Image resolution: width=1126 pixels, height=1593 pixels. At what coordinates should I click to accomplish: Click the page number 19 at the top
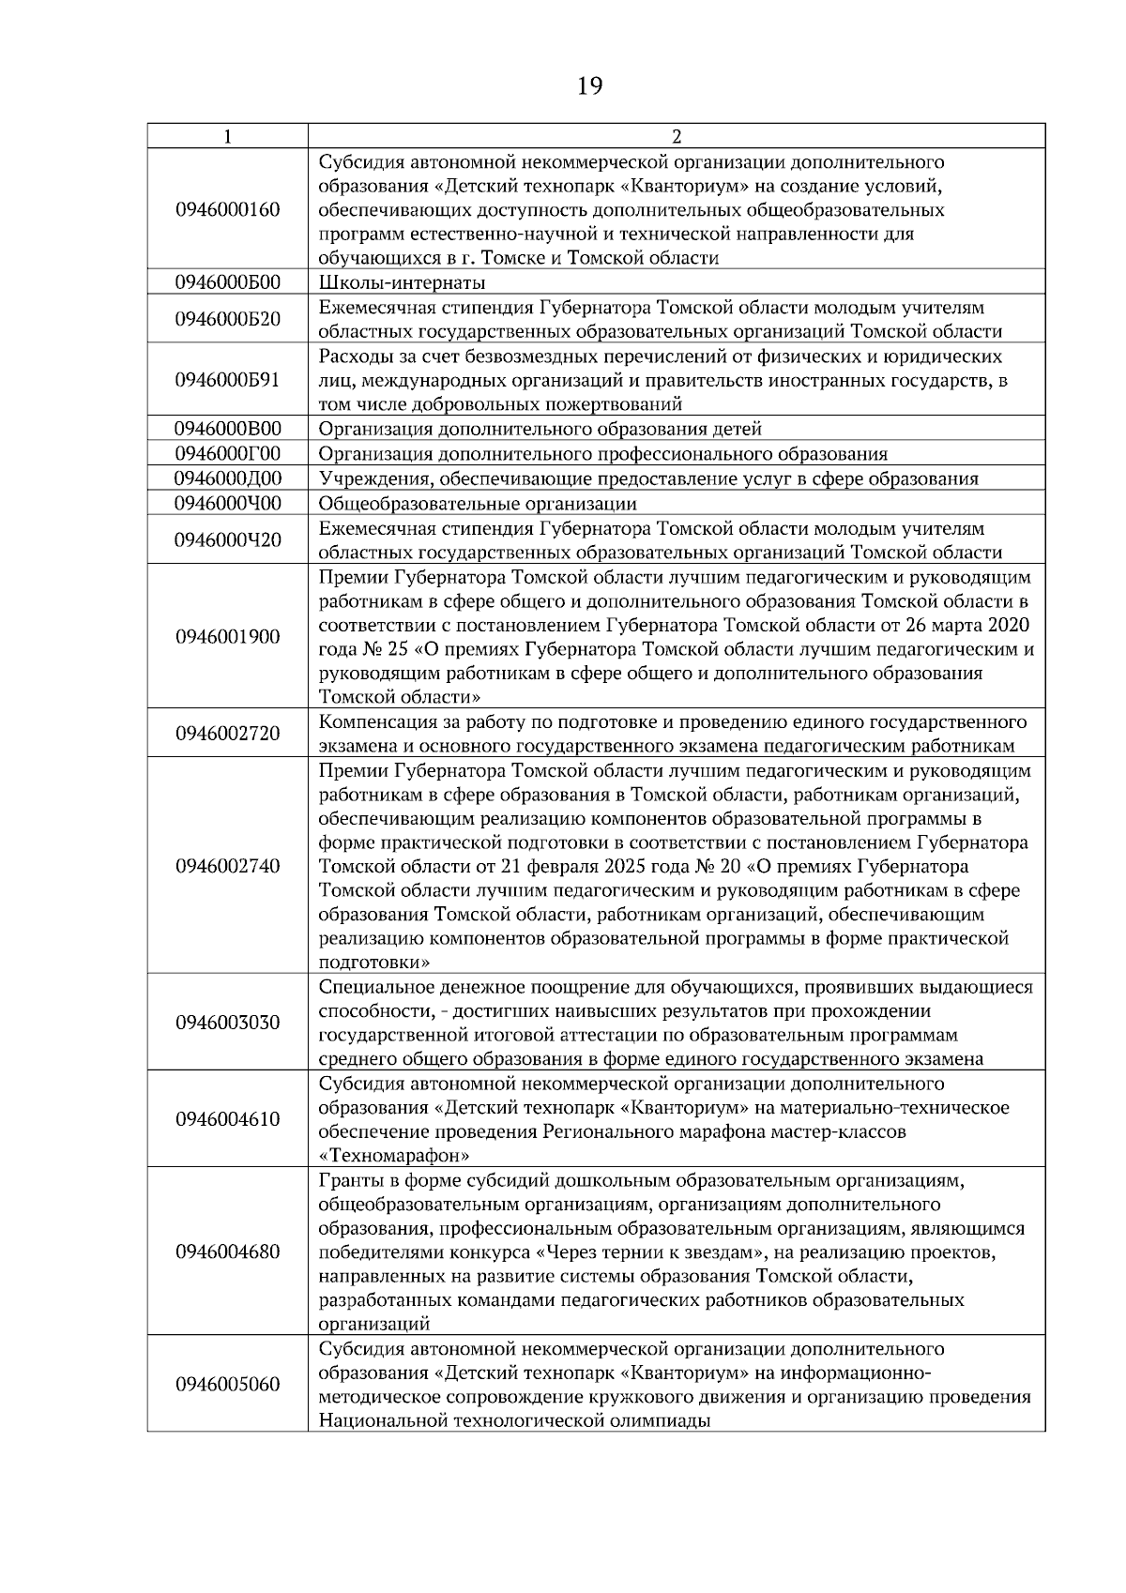pyautogui.click(x=589, y=87)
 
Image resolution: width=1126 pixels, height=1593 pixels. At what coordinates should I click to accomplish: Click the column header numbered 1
pyautogui.click(x=228, y=136)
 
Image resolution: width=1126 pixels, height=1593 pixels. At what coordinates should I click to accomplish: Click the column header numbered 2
pyautogui.click(x=677, y=136)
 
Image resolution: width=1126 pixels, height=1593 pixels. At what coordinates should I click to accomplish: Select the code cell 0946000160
pyautogui.click(x=228, y=209)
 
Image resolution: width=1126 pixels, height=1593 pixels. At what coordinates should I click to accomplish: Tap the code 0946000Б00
pyautogui.click(x=228, y=282)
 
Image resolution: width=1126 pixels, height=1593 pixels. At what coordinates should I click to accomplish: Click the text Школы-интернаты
pyautogui.click(x=403, y=282)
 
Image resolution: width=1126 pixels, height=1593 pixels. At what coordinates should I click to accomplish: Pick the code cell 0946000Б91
pyautogui.click(x=228, y=380)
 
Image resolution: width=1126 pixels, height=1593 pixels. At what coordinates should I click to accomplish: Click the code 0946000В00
pyautogui.click(x=228, y=429)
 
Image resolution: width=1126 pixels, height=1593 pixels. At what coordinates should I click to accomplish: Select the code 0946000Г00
pyautogui.click(x=228, y=454)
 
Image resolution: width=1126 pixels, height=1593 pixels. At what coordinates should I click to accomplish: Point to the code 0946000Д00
pyautogui.click(x=228, y=478)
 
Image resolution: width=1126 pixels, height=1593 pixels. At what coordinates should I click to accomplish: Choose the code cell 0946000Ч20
pyautogui.click(x=228, y=540)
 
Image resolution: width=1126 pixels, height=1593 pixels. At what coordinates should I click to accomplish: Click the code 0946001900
pyautogui.click(x=228, y=637)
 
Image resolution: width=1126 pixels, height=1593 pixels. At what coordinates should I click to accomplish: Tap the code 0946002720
pyautogui.click(x=228, y=734)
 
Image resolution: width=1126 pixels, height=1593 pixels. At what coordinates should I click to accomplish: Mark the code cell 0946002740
pyautogui.click(x=228, y=866)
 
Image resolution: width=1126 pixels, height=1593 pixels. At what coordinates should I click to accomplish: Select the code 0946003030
pyautogui.click(x=228, y=1023)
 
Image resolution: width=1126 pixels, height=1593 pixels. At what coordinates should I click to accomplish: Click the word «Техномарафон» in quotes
pyautogui.click(x=394, y=1156)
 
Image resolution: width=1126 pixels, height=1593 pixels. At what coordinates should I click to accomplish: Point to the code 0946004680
pyautogui.click(x=228, y=1252)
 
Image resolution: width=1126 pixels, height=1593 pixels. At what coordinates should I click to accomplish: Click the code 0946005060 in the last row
pyautogui.click(x=228, y=1385)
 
